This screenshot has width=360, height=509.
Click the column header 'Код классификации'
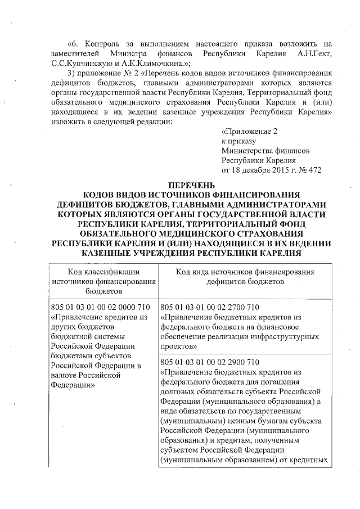tap(100, 272)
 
